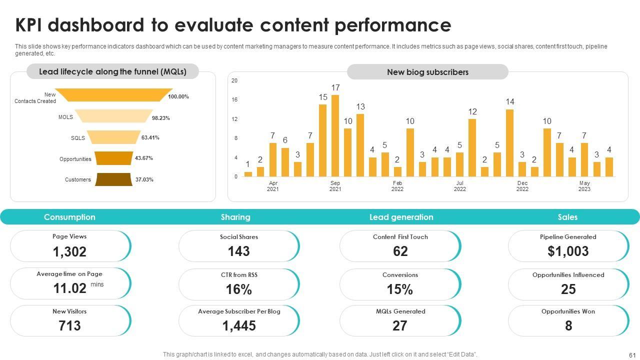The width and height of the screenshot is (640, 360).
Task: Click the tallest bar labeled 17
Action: click(335, 135)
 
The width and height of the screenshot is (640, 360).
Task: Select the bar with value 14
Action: click(509, 142)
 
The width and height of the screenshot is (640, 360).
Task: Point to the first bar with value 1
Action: click(248, 174)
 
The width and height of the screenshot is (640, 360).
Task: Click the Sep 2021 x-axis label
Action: click(335, 186)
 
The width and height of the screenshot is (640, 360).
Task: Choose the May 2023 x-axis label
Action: click(584, 186)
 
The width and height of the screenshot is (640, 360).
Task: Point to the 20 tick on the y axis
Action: click(234, 80)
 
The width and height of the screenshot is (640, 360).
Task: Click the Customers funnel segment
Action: click(114, 179)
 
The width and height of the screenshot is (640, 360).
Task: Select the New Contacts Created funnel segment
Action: click(114, 95)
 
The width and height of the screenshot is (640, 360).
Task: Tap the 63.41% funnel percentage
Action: click(150, 137)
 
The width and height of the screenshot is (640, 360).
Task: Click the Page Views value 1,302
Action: click(69, 251)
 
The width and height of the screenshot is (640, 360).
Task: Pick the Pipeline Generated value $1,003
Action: click(568, 251)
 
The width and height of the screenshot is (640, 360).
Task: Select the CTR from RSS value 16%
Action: click(238, 289)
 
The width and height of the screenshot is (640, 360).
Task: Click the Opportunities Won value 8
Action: click(568, 326)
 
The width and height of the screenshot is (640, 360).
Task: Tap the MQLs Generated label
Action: click(400, 311)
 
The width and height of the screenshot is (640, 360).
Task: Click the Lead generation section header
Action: click(401, 217)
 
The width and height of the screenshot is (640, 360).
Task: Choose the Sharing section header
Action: click(235, 217)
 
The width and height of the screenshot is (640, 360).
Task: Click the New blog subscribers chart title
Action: click(427, 72)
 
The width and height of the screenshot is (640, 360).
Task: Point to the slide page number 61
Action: click(631, 354)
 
